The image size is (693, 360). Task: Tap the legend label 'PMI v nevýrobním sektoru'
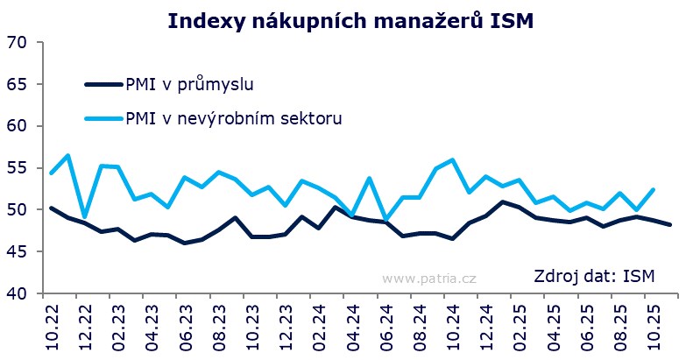point(234,117)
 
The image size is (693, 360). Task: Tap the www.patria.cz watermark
point(428,278)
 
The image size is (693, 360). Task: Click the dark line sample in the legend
point(104,84)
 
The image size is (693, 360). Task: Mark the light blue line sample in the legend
point(104,117)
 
